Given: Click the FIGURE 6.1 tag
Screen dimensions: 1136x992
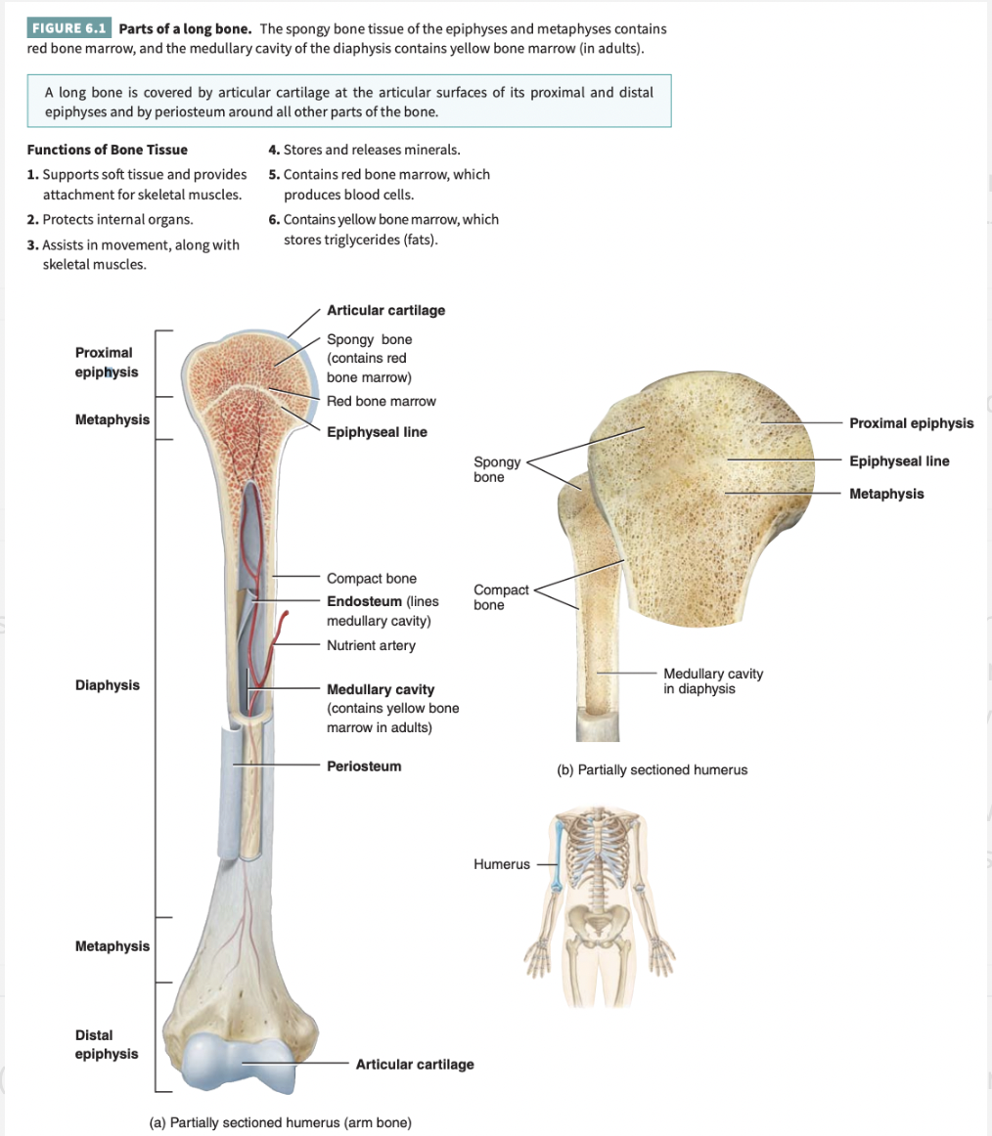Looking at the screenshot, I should pyautogui.click(x=70, y=27).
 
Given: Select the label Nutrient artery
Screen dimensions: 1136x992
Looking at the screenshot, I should pyautogui.click(x=371, y=645).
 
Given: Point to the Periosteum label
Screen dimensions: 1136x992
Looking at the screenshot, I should pyautogui.click(x=364, y=765).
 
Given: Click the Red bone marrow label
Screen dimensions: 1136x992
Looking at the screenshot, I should pyautogui.click(x=382, y=401).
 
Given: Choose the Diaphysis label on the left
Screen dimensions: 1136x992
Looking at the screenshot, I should pyautogui.click(x=108, y=685).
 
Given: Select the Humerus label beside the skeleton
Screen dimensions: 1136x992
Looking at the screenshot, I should pyautogui.click(x=501, y=864).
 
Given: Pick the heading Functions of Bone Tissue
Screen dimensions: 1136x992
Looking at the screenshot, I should pyautogui.click(x=108, y=150).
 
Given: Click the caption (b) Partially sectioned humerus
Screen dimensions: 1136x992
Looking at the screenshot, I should pyautogui.click(x=653, y=769).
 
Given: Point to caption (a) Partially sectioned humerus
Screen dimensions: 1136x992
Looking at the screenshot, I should pyautogui.click(x=280, y=1122).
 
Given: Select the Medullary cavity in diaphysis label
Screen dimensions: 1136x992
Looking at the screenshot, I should pyautogui.click(x=713, y=680).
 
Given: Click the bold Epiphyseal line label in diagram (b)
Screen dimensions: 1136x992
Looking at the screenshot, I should pyautogui.click(x=899, y=460).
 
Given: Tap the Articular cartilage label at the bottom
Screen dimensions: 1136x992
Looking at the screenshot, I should pyautogui.click(x=415, y=1064).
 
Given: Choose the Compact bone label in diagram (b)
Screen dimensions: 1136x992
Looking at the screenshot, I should pyautogui.click(x=501, y=597).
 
